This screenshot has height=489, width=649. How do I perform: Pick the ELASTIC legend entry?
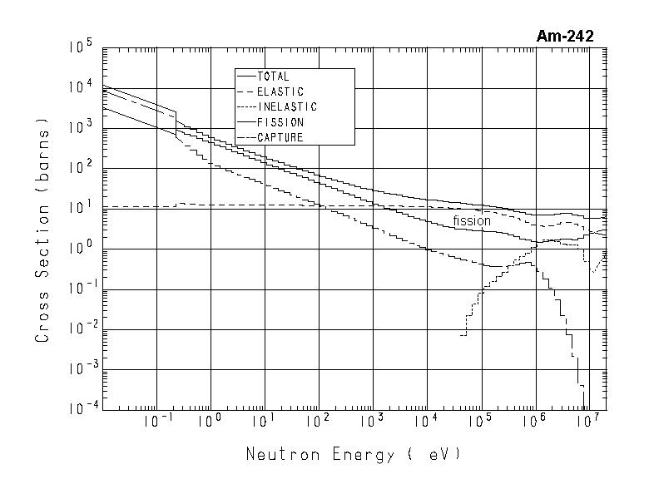click(x=280, y=91)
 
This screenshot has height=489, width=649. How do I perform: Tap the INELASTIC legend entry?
click(x=287, y=107)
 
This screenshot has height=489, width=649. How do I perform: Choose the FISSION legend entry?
click(x=280, y=122)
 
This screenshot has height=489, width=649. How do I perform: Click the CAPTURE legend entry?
click(x=280, y=138)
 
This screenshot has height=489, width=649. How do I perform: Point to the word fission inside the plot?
click(x=472, y=221)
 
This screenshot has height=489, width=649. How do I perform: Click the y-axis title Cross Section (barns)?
click(x=42, y=235)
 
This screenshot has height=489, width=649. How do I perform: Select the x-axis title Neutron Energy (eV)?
click(x=353, y=455)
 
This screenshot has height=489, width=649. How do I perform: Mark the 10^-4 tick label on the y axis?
click(x=80, y=409)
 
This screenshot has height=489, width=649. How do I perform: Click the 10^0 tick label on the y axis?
click(x=82, y=248)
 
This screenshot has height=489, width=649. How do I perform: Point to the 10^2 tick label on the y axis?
click(x=82, y=168)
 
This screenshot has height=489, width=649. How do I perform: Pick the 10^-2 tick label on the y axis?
click(x=80, y=328)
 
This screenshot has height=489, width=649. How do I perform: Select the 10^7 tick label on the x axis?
click(x=587, y=422)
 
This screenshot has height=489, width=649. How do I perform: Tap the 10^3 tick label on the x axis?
click(x=372, y=422)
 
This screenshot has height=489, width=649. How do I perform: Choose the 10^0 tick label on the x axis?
click(x=211, y=422)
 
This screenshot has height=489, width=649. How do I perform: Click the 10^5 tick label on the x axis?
click(x=479, y=422)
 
